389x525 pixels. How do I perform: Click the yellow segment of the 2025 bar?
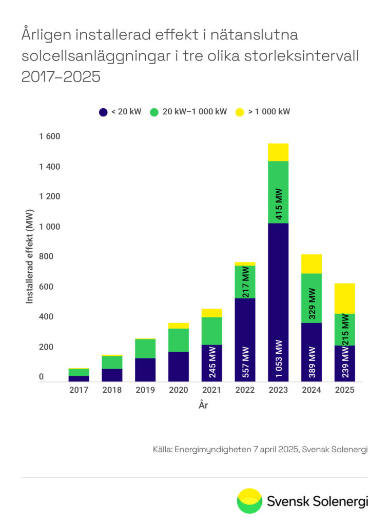click(x=344, y=298)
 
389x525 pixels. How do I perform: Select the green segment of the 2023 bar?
click(x=278, y=192)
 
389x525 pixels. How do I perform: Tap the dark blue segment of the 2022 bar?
click(x=245, y=339)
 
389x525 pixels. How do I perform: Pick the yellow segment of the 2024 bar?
click(x=312, y=264)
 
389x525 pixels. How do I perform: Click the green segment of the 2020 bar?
click(x=179, y=340)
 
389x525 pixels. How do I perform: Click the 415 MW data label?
click(x=279, y=204)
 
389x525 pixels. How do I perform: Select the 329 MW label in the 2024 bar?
click(x=312, y=304)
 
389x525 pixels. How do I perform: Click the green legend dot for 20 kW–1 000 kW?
click(x=154, y=111)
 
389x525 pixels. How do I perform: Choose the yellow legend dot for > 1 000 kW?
click(x=240, y=111)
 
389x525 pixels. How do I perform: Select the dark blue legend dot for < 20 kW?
click(x=103, y=111)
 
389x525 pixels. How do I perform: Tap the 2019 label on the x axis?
click(x=145, y=390)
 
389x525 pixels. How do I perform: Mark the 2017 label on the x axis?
click(x=79, y=390)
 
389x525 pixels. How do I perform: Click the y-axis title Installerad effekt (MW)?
click(x=30, y=256)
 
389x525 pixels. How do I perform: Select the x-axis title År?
click(x=203, y=406)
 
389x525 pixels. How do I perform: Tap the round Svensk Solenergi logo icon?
click(x=249, y=501)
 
